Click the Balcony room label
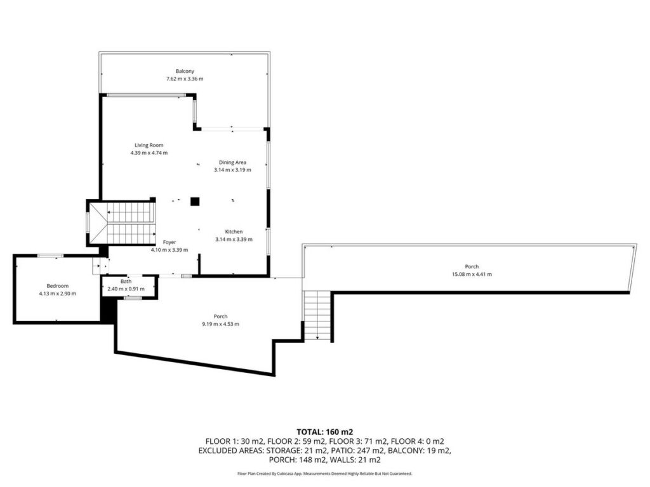(x=185, y=71)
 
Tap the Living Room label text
(x=149, y=145)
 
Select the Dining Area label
(x=232, y=162)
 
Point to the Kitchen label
(x=234, y=231)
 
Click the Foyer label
(x=169, y=242)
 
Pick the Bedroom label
(x=58, y=286)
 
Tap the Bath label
(x=126, y=281)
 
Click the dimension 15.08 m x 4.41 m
(x=472, y=274)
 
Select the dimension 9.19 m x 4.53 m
(x=220, y=324)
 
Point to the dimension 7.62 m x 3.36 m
(x=185, y=79)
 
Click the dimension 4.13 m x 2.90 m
(x=58, y=294)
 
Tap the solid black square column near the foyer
(x=195, y=202)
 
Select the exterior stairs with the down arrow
(x=317, y=316)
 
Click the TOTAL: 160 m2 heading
(x=324, y=432)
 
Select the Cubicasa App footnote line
(x=324, y=473)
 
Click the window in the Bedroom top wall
(x=51, y=256)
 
